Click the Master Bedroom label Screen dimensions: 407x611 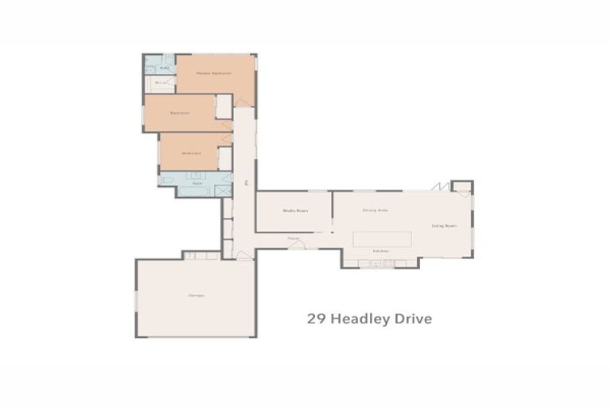(x=215, y=73)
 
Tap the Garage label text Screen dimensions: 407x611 (x=196, y=296)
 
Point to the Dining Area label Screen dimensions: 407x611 (x=375, y=210)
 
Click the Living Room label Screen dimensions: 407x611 (x=444, y=226)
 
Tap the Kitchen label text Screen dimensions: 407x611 (x=381, y=251)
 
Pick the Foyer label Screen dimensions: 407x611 (x=293, y=238)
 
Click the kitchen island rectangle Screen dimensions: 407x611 (x=382, y=238)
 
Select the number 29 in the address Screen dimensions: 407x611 (x=315, y=319)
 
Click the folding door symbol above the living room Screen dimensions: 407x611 (x=438, y=186)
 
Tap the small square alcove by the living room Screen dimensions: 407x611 (x=461, y=188)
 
